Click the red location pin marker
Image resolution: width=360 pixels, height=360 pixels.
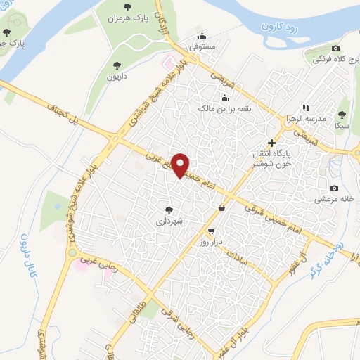click(181, 165)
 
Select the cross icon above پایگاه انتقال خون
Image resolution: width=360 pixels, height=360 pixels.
click(272, 143)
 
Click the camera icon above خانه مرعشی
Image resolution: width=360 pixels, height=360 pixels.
click(335, 188)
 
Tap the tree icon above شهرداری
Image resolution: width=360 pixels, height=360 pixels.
click(168, 210)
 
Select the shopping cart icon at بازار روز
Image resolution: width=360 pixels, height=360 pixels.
click(210, 231)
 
